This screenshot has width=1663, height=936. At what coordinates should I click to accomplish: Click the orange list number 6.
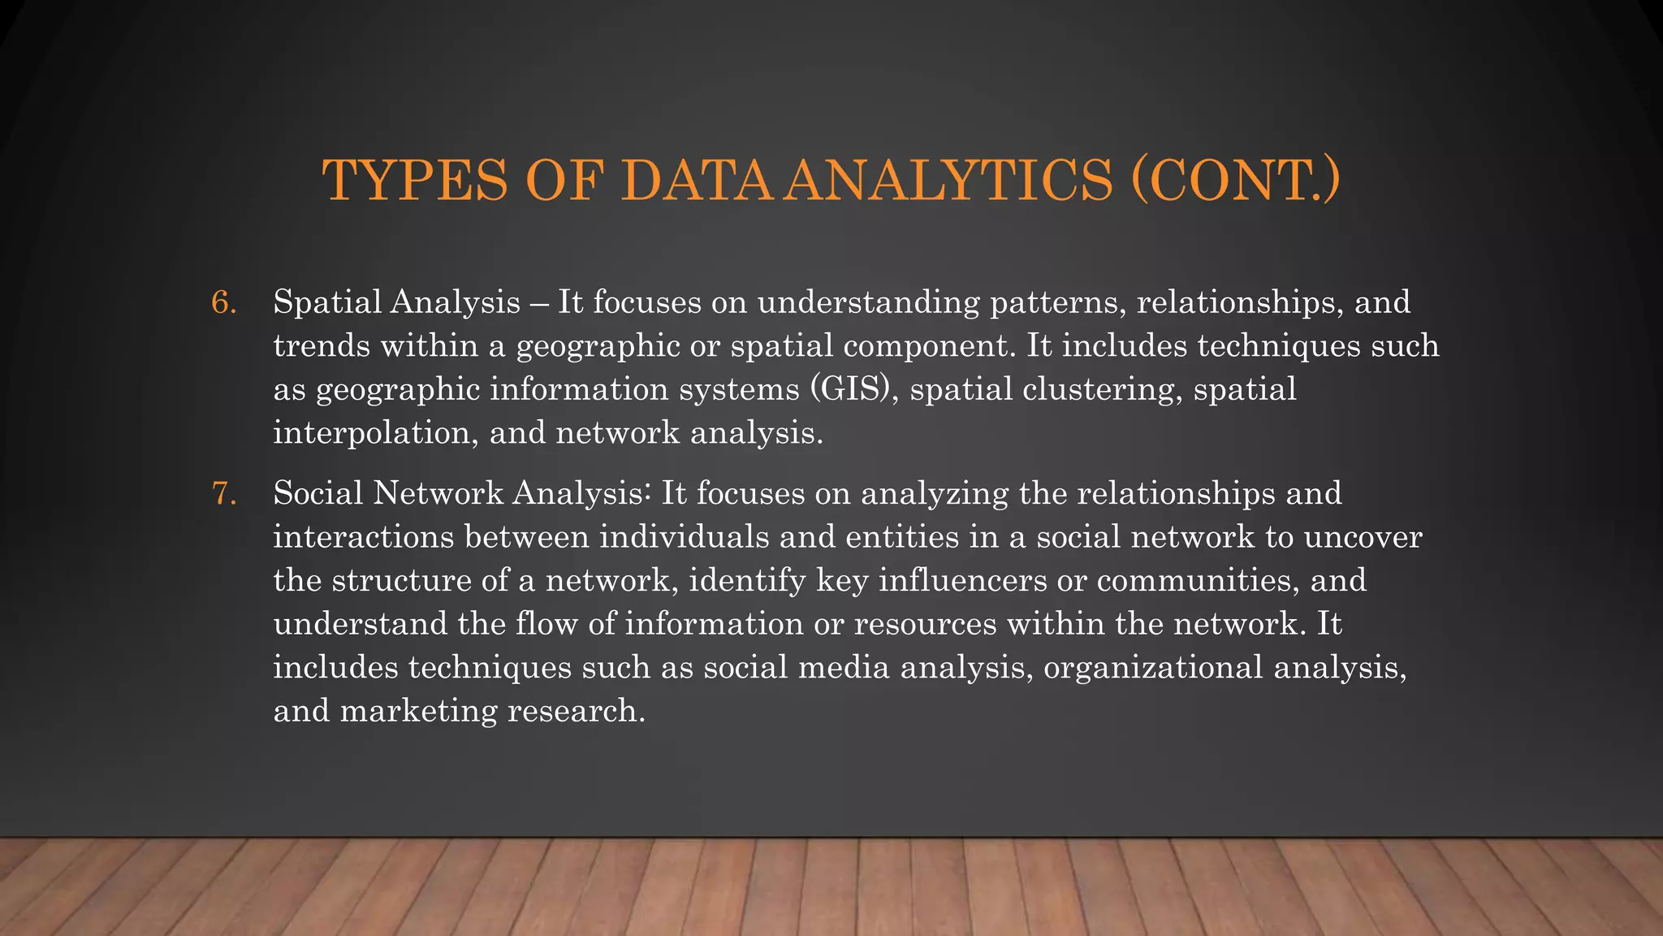(x=223, y=303)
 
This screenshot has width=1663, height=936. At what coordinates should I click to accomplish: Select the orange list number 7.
(x=223, y=494)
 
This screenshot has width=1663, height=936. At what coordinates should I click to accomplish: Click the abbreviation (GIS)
(x=853, y=389)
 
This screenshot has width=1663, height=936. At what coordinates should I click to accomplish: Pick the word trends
(x=322, y=346)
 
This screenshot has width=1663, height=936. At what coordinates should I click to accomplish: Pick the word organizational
(x=1152, y=667)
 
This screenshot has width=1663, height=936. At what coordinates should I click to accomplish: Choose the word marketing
(x=418, y=711)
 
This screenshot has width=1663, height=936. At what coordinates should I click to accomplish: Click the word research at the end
(x=576, y=711)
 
